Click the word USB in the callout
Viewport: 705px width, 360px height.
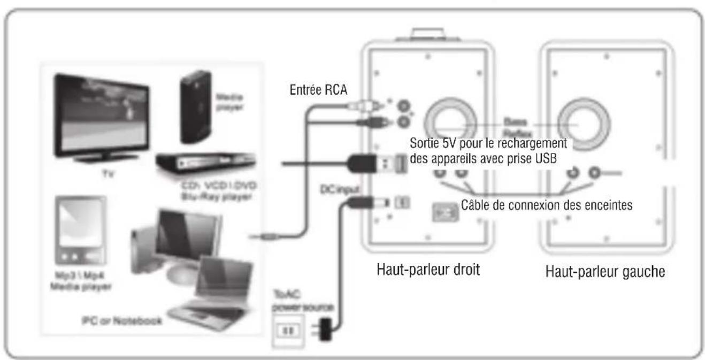coord(549,158)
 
